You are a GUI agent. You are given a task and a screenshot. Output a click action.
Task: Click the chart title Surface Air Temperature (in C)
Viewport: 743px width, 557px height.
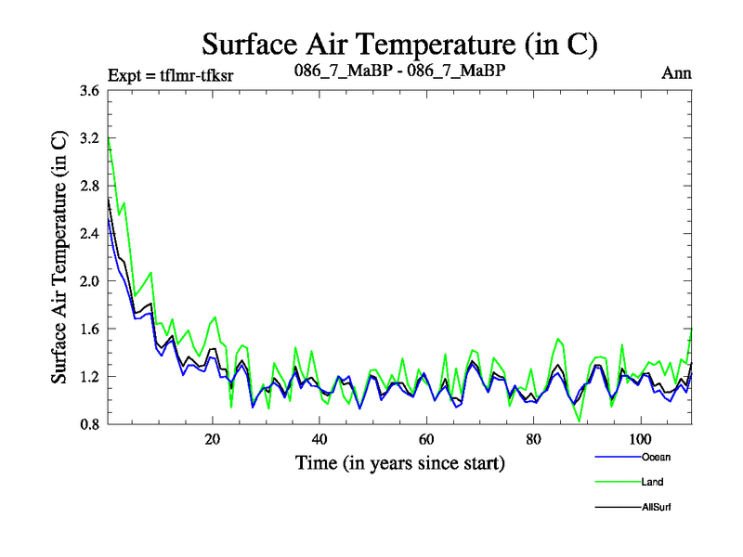pos(399,44)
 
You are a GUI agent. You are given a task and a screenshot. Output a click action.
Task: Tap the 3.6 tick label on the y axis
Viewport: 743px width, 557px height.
pos(88,91)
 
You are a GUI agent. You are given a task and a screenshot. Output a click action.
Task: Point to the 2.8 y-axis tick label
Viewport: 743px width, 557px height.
pos(88,187)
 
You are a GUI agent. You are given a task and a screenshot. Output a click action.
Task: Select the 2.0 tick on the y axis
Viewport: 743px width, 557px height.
pos(88,281)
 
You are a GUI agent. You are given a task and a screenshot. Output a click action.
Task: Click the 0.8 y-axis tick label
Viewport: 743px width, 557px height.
pos(88,424)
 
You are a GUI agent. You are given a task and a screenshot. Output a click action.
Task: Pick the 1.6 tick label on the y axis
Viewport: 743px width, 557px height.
pos(88,329)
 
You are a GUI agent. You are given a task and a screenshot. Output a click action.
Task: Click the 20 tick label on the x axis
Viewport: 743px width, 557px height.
pos(213,437)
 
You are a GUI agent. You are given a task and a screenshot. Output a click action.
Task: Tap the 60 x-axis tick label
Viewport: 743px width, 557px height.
pos(425,437)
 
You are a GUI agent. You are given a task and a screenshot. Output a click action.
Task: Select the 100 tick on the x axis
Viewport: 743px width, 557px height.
pos(639,437)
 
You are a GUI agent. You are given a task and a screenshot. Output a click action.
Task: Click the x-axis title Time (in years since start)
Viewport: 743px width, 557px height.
pos(400,461)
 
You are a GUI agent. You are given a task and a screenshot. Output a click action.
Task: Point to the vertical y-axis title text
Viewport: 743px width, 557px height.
pos(59,258)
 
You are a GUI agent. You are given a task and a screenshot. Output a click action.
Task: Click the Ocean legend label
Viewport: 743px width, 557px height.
pos(655,457)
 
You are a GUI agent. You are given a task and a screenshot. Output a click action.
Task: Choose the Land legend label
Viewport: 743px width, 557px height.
pos(652,482)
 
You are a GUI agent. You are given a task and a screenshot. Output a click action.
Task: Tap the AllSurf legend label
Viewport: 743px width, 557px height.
pos(655,507)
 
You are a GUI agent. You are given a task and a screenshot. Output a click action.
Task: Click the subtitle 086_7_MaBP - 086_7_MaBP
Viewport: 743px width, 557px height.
pos(398,70)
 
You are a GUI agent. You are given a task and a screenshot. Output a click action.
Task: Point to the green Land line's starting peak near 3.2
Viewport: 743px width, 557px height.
pos(109,138)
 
